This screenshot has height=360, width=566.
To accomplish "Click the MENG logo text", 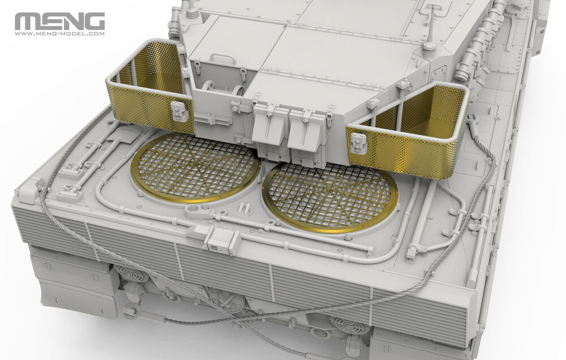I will click(59, 22).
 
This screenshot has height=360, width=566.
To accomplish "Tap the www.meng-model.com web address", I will click(59, 33).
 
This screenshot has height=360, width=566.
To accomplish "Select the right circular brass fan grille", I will click(331, 195).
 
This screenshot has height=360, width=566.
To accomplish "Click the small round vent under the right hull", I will click(348, 325).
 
